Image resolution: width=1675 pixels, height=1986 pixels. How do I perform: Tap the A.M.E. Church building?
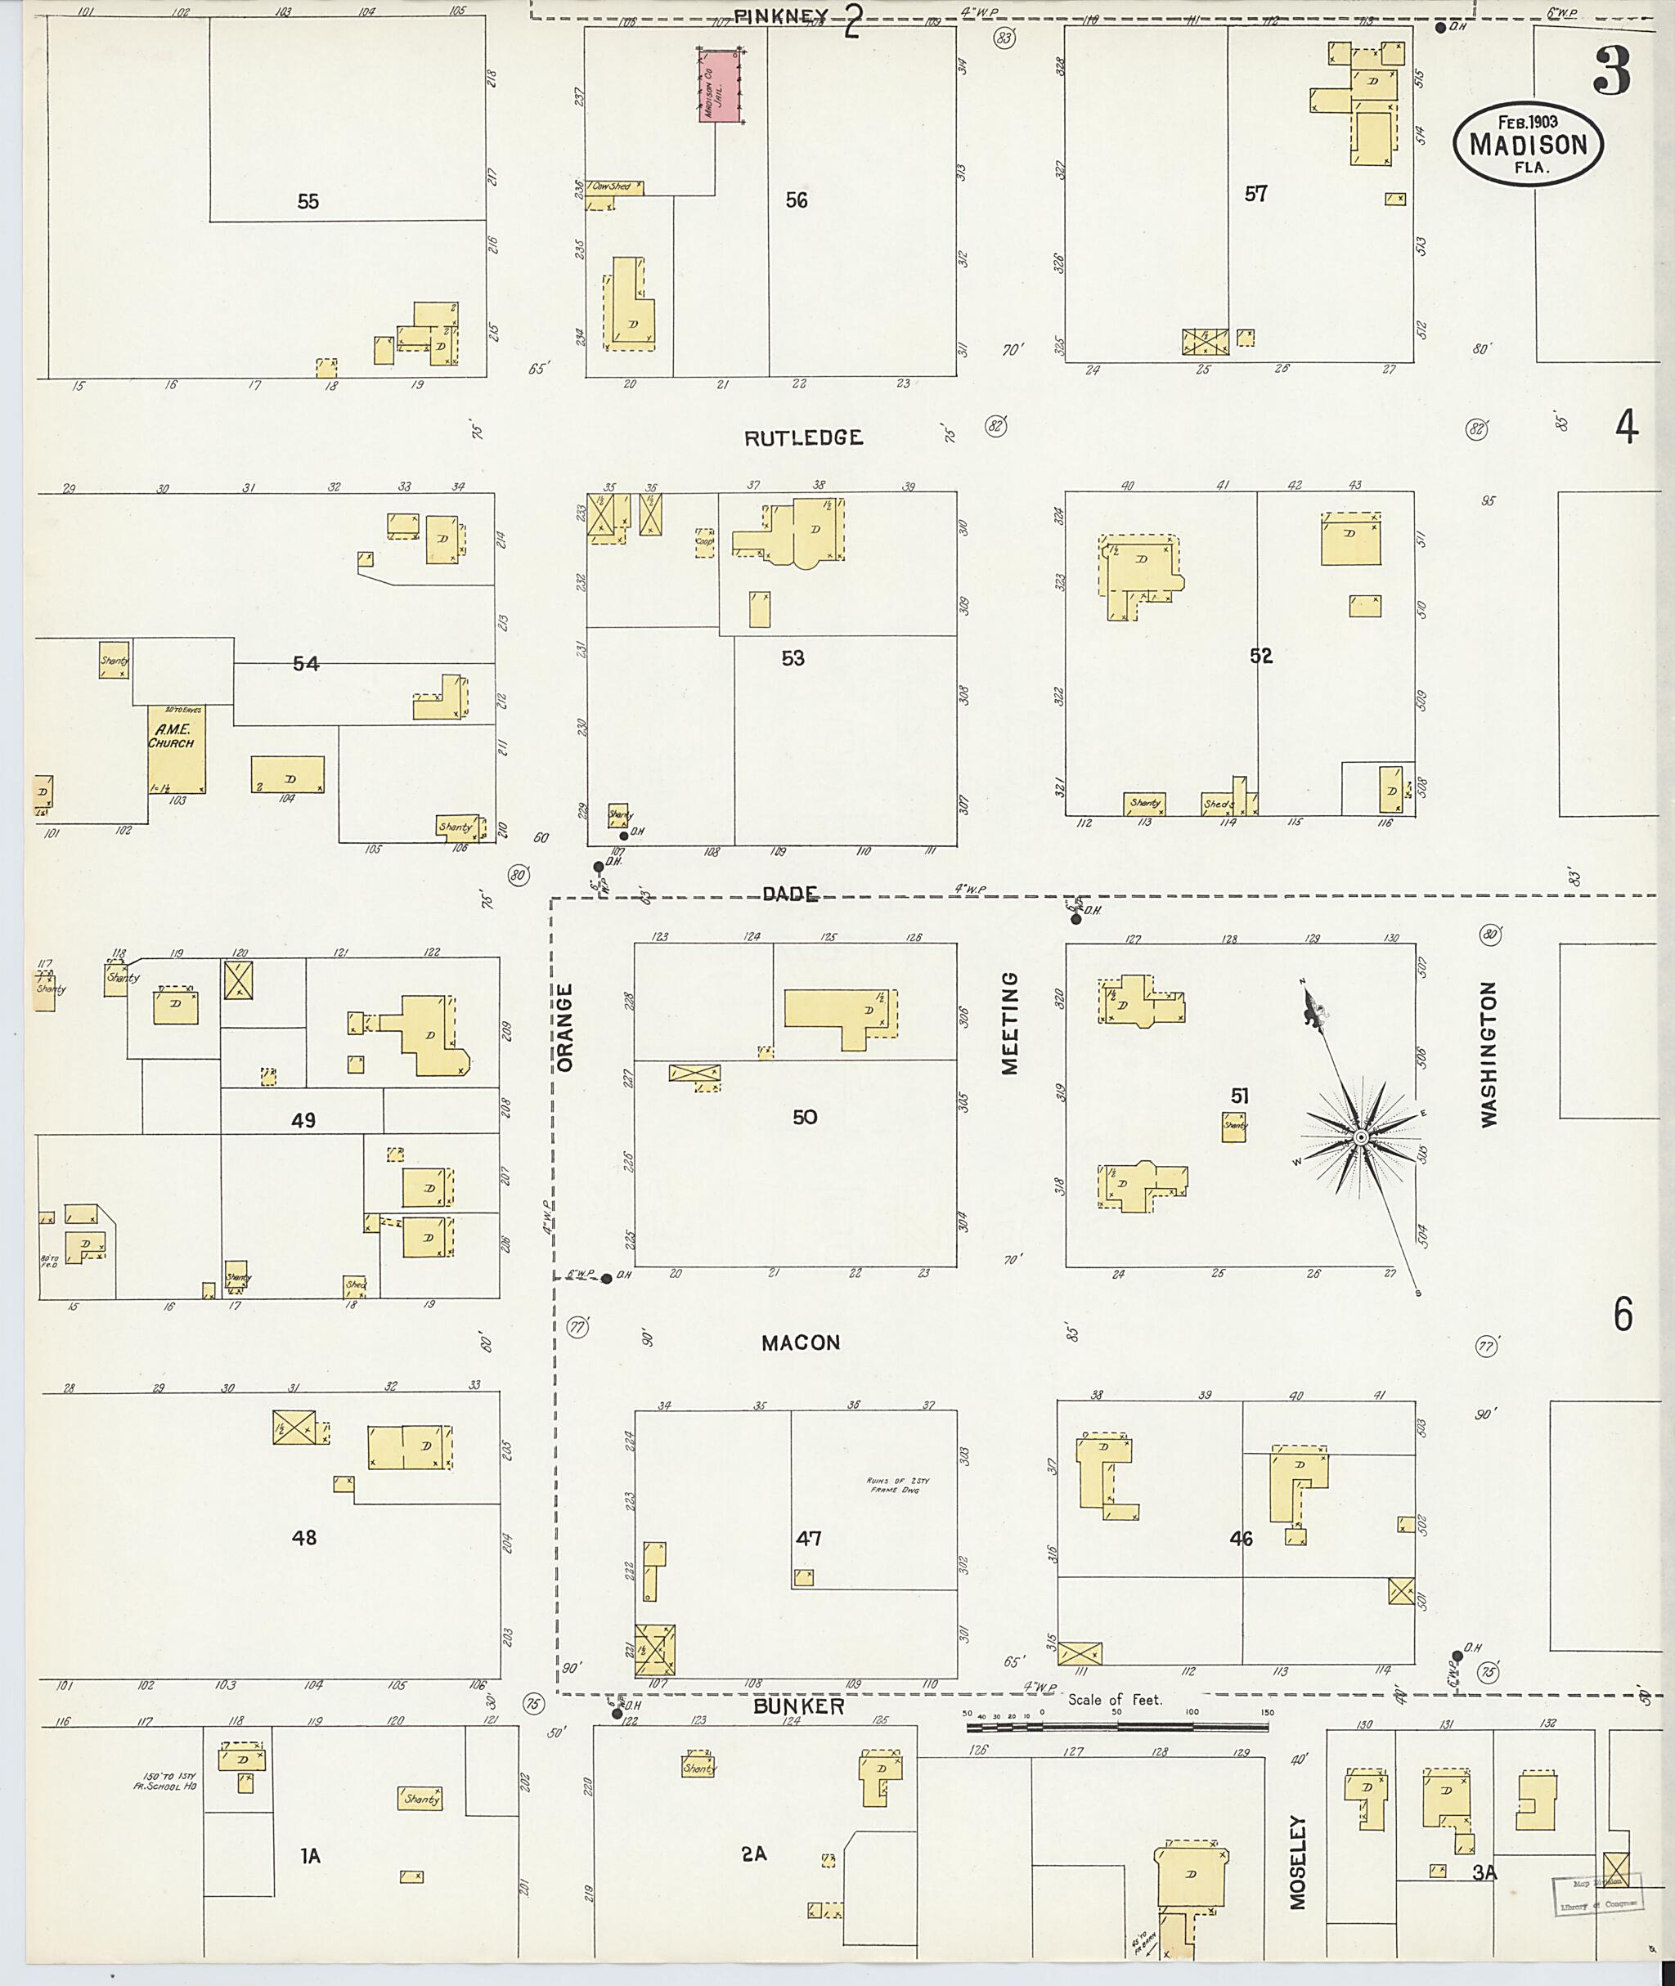click(x=176, y=750)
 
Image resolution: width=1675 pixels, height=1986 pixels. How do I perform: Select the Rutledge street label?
click(x=803, y=437)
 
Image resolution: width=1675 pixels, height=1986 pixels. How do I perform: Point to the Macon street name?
click(x=801, y=1343)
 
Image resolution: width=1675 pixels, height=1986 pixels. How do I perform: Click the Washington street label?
click(x=1488, y=1054)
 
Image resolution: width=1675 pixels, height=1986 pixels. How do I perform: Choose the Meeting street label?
click(x=1009, y=1022)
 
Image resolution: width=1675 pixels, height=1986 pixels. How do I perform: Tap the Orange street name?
click(x=566, y=1027)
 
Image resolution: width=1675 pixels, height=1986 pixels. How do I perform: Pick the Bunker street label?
click(x=798, y=1706)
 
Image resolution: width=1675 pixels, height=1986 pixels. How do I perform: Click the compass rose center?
click(x=1360, y=1137)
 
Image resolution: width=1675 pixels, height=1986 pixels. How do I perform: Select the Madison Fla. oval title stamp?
click(x=1528, y=142)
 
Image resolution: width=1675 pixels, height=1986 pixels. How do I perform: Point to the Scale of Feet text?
click(x=1114, y=1699)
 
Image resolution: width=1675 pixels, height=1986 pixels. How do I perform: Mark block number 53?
click(x=793, y=658)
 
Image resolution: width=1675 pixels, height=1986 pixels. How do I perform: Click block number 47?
click(x=808, y=1538)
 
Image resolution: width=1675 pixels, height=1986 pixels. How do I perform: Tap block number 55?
click(x=308, y=201)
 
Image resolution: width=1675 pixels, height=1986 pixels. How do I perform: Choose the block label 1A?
click(x=311, y=1856)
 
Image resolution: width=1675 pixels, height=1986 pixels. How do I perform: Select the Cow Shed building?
click(x=613, y=187)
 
